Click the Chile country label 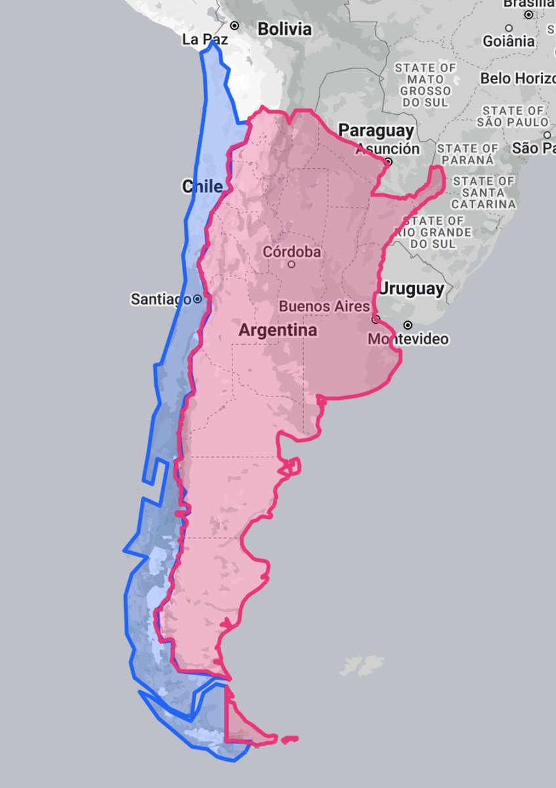(x=202, y=186)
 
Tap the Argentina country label (x=278, y=330)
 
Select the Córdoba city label (x=291, y=251)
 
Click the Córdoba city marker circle (x=291, y=265)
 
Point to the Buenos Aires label (x=324, y=306)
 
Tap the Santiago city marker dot (x=197, y=299)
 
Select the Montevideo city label (x=408, y=339)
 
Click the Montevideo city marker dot (x=408, y=325)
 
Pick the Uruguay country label (x=412, y=288)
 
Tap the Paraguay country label (x=376, y=131)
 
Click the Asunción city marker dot (x=389, y=161)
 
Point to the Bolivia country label (x=284, y=29)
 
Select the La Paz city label (x=200, y=40)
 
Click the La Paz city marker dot (x=234, y=26)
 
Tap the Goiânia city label (x=509, y=41)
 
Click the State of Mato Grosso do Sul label (x=425, y=85)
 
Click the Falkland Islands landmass (x=363, y=664)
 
